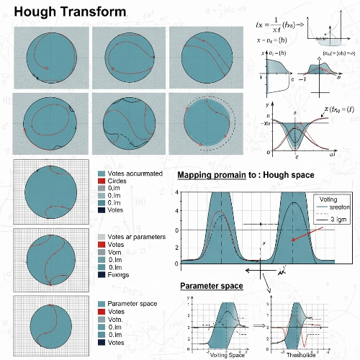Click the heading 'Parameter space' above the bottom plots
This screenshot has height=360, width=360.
pos(211,287)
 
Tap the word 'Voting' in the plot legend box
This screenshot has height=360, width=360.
pos(328,198)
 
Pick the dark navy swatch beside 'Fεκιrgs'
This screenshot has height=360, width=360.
pos(101,275)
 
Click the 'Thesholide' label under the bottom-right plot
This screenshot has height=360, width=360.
pos(302,354)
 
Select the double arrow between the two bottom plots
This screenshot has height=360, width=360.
pos(258,325)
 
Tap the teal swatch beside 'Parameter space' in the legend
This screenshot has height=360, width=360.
pos(101,300)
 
